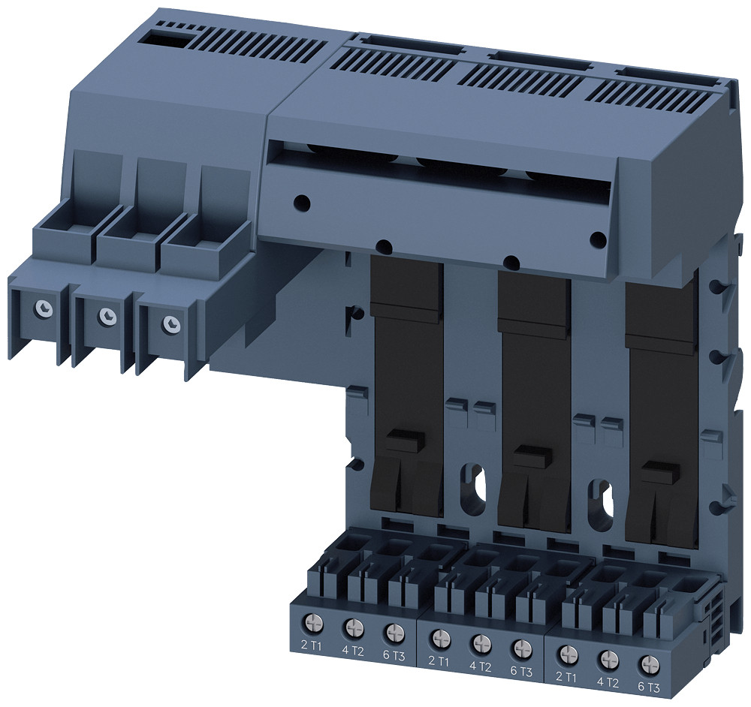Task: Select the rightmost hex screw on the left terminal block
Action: pos(172,323)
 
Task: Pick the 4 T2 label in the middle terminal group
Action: pos(481,666)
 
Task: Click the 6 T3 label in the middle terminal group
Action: pos(521,671)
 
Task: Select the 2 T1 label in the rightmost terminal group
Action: pos(568,677)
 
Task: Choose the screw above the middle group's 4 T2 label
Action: pos(481,642)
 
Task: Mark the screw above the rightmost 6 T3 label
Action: pos(647,664)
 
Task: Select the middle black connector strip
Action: pos(533,398)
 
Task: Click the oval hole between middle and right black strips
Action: pos(603,501)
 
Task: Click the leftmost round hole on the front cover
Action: pos(301,202)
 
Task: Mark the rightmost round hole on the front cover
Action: pos(599,240)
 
